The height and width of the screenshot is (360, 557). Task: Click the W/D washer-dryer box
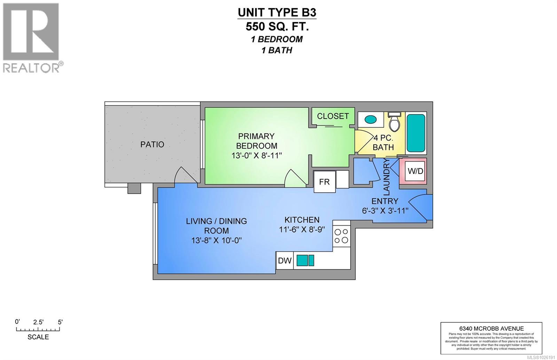pos(415,171)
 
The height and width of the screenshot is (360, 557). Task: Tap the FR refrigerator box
pos(324,182)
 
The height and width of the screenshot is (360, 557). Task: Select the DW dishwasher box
pos(285,261)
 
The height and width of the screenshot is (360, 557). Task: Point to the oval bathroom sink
pos(370,119)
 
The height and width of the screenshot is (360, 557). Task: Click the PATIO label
pos(152,144)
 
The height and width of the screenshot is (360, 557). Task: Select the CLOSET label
pos(333,116)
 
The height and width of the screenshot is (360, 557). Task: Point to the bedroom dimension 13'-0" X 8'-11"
pos(257,155)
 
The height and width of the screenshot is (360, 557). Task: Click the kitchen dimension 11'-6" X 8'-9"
pos(302,230)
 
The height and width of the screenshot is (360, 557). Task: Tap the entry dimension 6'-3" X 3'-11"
pos(385,210)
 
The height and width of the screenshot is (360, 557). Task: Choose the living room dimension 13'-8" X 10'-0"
pos(216,240)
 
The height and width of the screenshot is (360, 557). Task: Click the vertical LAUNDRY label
pos(386,176)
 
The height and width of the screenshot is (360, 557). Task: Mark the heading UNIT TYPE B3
pos(277,13)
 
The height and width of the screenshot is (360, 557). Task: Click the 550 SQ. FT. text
pos(277,26)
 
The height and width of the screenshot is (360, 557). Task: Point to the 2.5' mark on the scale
pos(38,322)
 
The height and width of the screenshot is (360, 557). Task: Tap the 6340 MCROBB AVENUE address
pos(491,328)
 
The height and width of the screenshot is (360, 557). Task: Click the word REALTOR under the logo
pos(31,67)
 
